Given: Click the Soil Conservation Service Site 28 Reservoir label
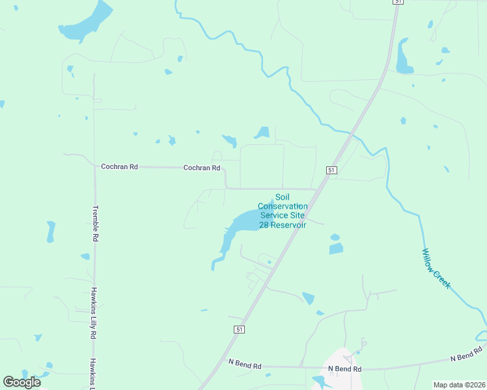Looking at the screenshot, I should (283, 211).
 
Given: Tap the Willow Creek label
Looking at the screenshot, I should (436, 268).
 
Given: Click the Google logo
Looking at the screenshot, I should (21, 382).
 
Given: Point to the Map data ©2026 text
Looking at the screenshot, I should (458, 385).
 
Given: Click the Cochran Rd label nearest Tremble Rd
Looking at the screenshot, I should (119, 167).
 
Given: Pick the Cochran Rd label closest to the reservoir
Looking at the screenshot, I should (202, 168).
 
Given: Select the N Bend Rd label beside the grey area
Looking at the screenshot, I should (344, 369).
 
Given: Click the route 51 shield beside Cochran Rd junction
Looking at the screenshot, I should (331, 170).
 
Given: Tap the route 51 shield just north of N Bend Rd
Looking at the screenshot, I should (239, 330).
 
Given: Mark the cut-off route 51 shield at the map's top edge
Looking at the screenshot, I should (397, 2).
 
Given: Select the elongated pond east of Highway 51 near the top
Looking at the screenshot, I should (403, 57).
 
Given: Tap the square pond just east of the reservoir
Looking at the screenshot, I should (336, 248).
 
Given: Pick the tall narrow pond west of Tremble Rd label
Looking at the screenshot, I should (51, 232).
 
